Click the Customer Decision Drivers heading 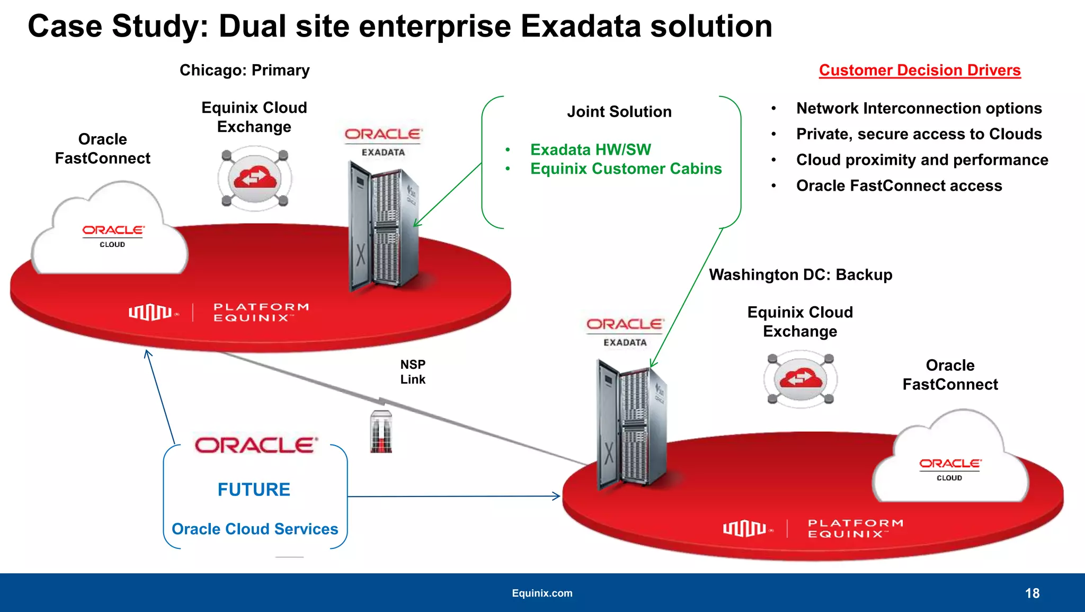click(919, 70)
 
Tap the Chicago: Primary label click(244, 70)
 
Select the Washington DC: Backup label click(801, 275)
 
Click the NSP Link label click(413, 372)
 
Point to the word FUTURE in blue click(254, 490)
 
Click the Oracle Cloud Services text click(255, 529)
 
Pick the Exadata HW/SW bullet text click(590, 150)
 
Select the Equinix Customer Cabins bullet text click(626, 169)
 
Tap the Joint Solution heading click(619, 112)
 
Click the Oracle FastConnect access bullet click(899, 186)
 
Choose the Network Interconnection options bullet click(919, 109)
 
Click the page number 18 click(1032, 593)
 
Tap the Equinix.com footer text click(542, 593)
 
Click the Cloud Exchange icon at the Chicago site click(255, 179)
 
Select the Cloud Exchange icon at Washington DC click(801, 379)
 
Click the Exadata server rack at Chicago click(383, 228)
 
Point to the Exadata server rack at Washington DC click(630, 424)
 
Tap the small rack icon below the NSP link click(381, 432)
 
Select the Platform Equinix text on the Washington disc click(855, 528)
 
